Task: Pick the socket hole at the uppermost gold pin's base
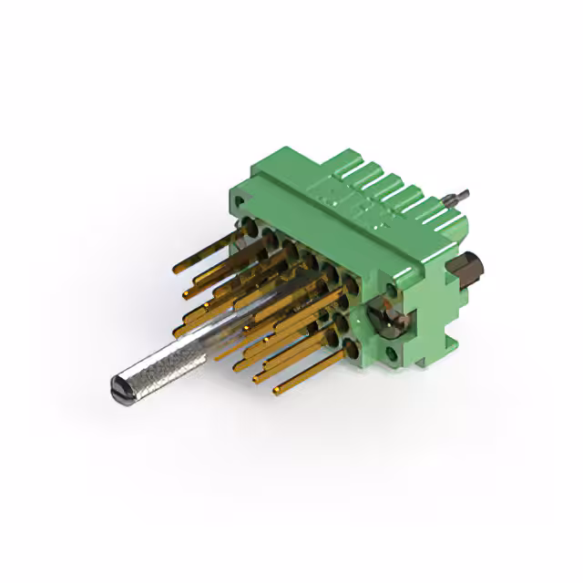point(245,225)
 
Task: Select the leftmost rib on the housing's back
point(347,164)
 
